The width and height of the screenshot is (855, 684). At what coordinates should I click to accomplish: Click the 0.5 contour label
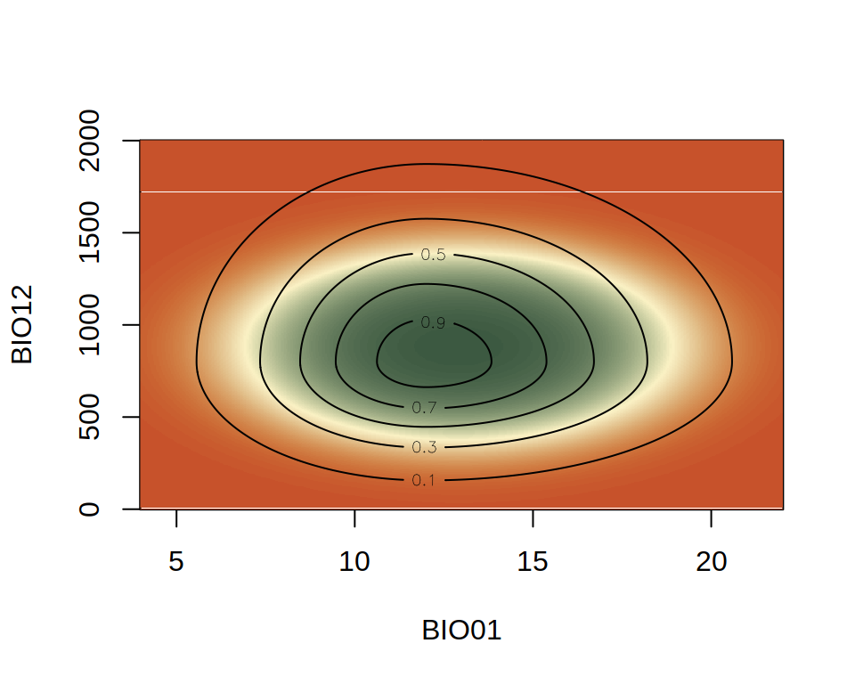(x=433, y=255)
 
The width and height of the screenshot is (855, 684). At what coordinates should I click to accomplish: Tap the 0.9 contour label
(x=433, y=322)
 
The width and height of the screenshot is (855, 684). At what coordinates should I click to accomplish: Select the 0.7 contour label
(x=424, y=408)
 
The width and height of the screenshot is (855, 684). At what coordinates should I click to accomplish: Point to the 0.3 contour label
(x=424, y=446)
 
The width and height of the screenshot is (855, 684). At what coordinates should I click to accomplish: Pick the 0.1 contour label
(x=424, y=481)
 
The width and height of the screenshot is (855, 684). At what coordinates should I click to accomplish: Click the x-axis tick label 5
(x=176, y=562)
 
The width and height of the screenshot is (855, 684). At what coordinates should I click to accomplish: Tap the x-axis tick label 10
(x=354, y=562)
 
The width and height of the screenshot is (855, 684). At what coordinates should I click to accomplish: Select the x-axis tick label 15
(x=533, y=562)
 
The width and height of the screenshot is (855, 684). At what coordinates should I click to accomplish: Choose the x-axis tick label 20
(x=711, y=562)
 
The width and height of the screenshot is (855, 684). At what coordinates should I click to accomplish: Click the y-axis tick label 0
(x=90, y=509)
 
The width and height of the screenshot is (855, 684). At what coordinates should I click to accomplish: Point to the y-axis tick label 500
(x=90, y=417)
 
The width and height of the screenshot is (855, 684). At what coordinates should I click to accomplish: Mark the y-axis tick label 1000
(x=90, y=325)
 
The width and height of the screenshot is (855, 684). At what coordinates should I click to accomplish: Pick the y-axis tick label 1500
(x=90, y=232)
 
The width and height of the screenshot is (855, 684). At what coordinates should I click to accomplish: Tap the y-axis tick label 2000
(x=90, y=141)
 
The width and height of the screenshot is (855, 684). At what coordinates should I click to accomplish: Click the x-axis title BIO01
(x=461, y=631)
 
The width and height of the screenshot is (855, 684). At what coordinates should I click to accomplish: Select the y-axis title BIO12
(x=22, y=324)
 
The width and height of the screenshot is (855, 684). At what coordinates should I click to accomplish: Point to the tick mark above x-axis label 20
(x=711, y=517)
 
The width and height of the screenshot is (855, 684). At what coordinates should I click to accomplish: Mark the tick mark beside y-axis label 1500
(x=131, y=232)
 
